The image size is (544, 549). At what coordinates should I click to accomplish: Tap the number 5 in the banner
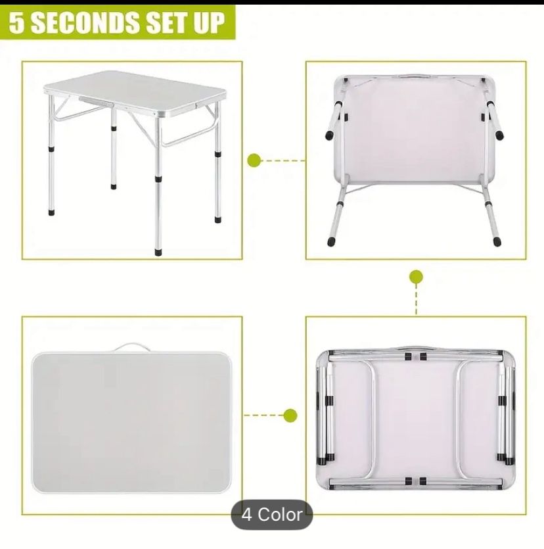[20, 23]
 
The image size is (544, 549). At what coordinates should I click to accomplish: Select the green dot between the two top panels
[255, 160]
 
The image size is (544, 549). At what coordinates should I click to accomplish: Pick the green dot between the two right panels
[416, 277]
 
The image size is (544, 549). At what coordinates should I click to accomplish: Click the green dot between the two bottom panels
[290, 415]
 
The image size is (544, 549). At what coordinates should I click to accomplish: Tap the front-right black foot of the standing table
[158, 251]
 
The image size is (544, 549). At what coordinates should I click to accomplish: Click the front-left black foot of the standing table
[51, 213]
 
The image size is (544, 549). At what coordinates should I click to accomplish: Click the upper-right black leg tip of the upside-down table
[501, 135]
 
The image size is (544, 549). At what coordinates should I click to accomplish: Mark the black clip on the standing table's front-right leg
[158, 178]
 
